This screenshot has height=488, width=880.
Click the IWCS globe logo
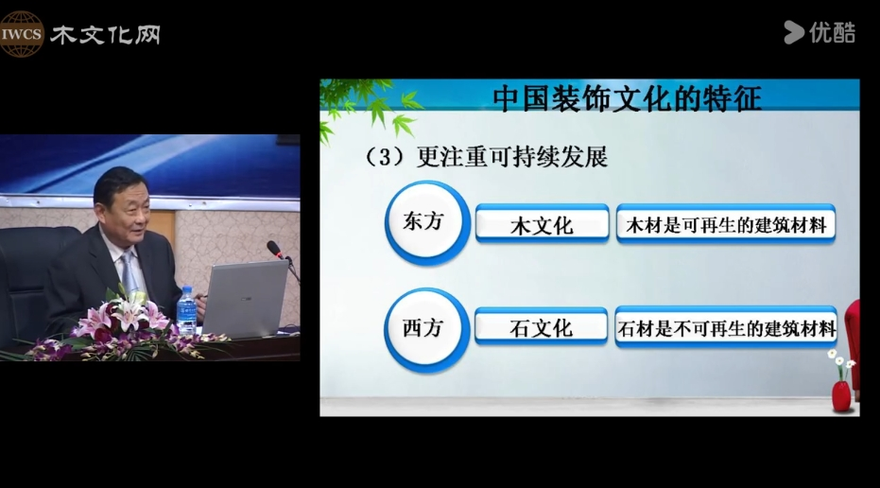(22, 34)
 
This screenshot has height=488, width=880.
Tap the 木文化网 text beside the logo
(106, 35)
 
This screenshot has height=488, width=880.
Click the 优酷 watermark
(820, 32)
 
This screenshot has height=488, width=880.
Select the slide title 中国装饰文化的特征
(627, 98)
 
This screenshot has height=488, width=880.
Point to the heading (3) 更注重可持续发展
(486, 157)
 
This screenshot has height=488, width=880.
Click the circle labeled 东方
(427, 222)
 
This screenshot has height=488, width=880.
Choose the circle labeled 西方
(426, 330)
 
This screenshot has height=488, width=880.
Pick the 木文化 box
(543, 223)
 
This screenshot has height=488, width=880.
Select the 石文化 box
(541, 326)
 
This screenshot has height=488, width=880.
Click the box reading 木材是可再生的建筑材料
(726, 224)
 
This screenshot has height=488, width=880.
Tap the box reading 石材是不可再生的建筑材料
(726, 327)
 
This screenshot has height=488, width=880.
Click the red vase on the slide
(841, 395)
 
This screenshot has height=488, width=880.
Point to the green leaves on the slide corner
(368, 107)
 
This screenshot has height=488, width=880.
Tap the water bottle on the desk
(186, 312)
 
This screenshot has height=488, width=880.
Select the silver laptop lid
(246, 298)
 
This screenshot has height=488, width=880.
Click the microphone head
(274, 248)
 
